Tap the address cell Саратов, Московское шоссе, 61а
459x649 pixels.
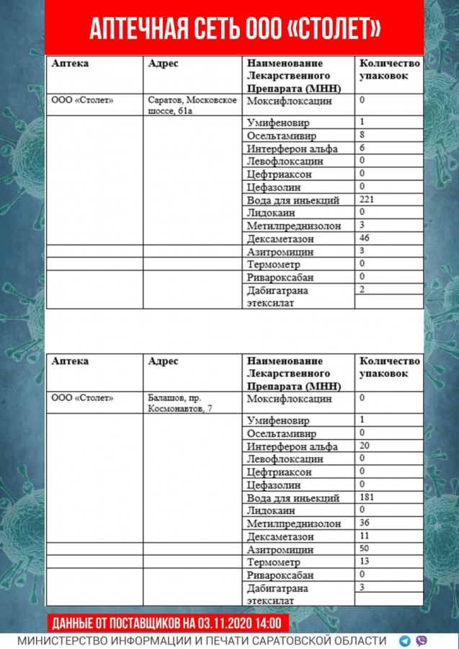coord(192,105)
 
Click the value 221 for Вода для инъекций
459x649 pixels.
coord(367,199)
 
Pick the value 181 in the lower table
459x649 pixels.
coord(367,498)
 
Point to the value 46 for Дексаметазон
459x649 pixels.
coord(365,237)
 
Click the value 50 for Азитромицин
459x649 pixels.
coord(365,549)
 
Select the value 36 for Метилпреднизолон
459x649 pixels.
coord(365,522)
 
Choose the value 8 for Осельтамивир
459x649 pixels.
coord(362,134)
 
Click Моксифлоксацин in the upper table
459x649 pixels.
coord(289,101)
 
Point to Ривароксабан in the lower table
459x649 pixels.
coord(280,575)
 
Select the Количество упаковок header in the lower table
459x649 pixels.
coord(389,367)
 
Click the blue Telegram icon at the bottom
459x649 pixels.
coord(405,640)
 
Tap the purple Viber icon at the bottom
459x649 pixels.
coord(422,640)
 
